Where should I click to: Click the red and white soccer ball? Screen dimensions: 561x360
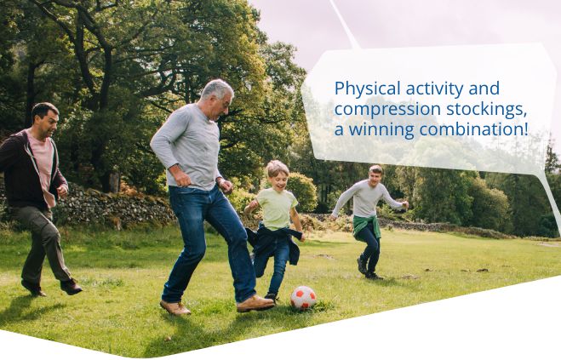tap(303, 297)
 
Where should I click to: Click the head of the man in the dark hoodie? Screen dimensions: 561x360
tap(45, 120)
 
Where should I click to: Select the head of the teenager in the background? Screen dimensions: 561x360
tap(375, 175)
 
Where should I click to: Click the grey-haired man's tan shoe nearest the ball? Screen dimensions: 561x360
tap(255, 304)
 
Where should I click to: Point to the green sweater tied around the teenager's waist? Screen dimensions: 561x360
tap(367, 226)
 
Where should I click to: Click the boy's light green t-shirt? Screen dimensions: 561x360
tap(277, 209)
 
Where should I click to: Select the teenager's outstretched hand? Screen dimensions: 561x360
tap(405, 205)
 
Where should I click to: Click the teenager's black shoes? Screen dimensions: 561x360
tap(369, 270)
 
